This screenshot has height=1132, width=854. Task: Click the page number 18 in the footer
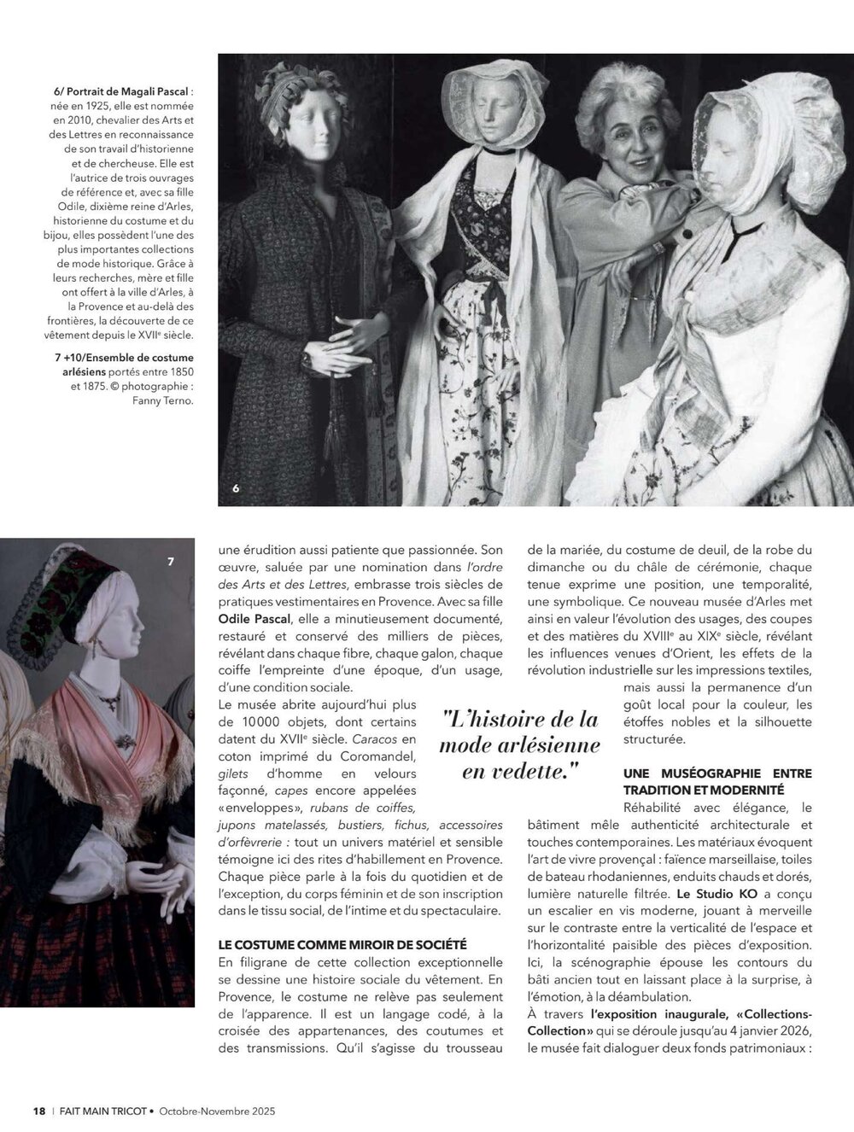[38, 1111]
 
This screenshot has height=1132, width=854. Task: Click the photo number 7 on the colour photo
[171, 561]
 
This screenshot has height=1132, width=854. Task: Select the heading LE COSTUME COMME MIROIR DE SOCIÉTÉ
[342, 944]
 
